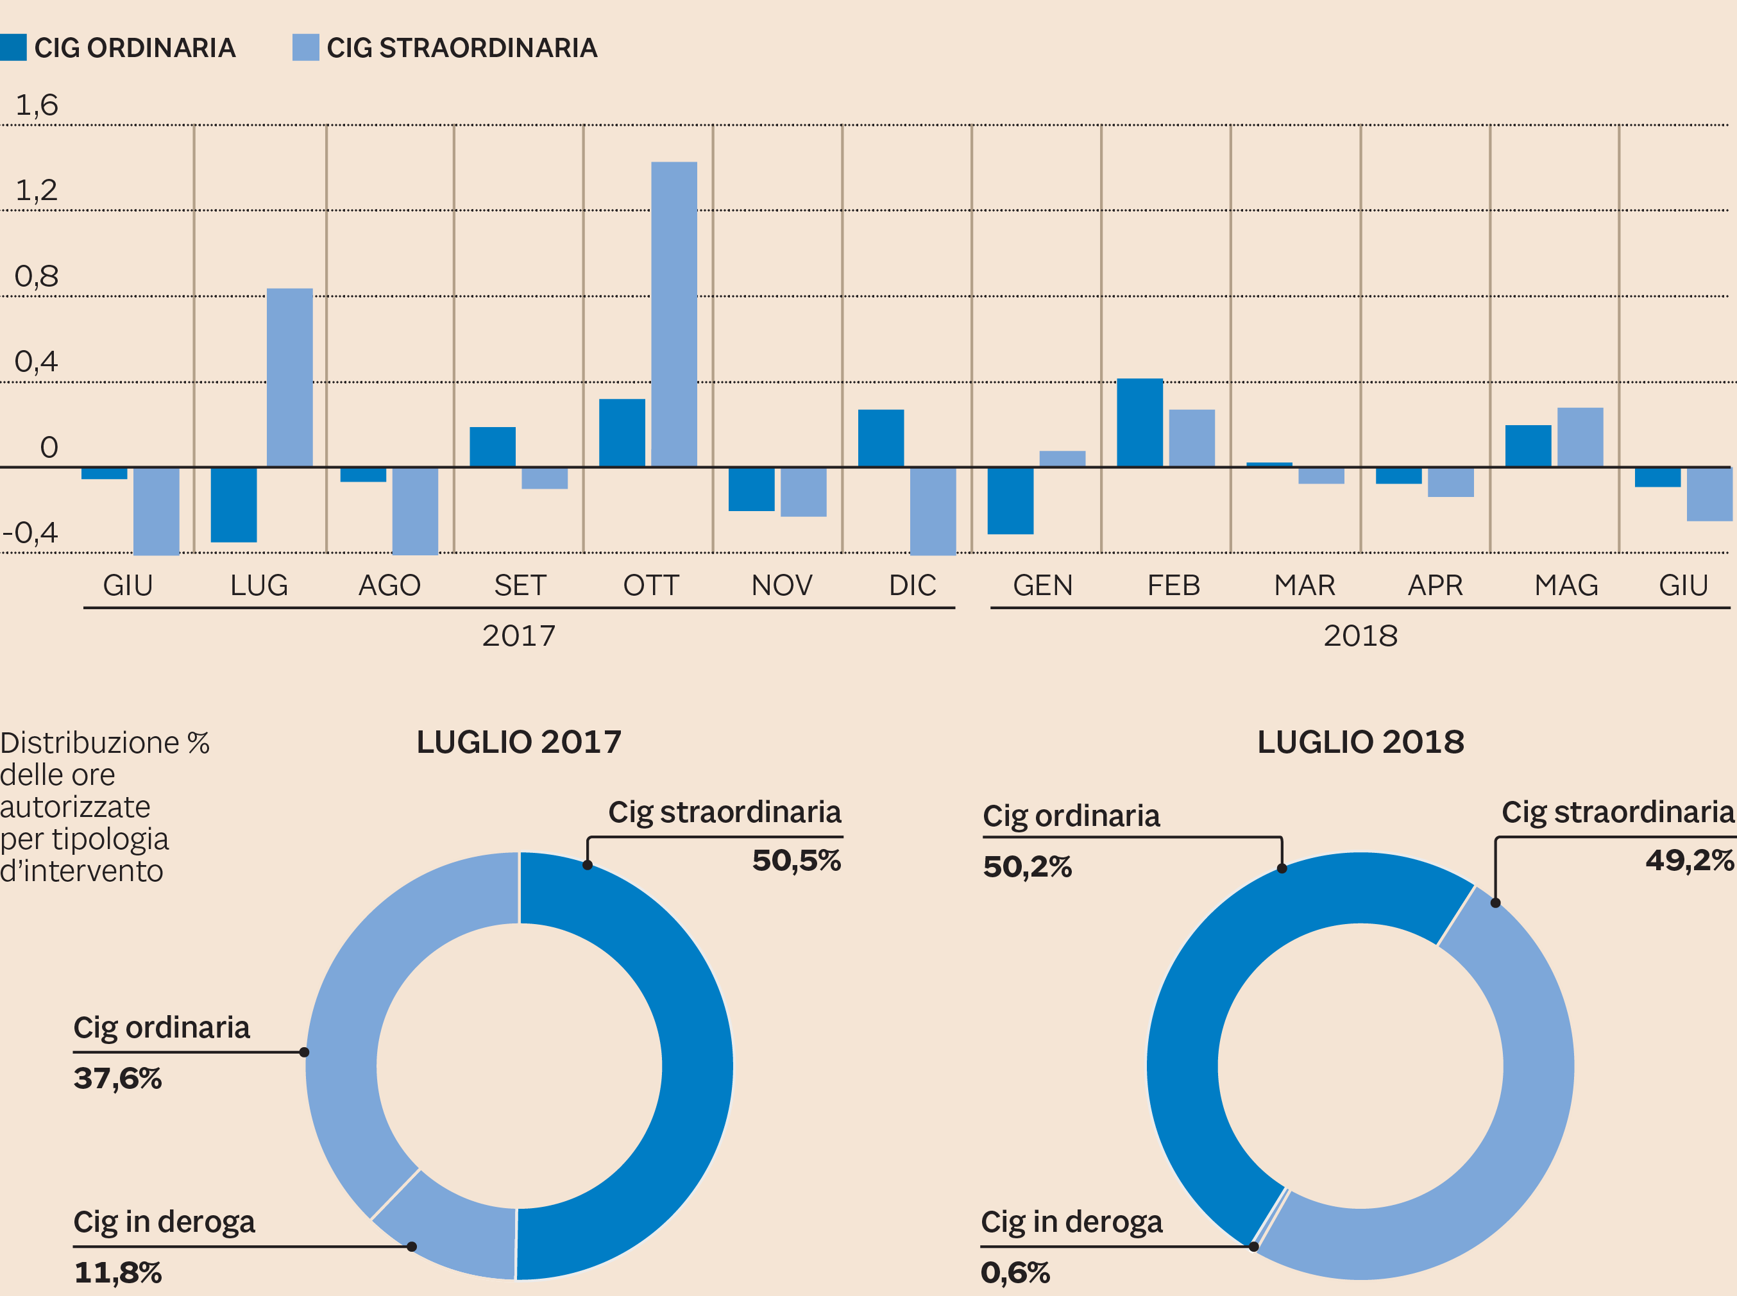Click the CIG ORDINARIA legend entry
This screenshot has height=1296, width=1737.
point(117,48)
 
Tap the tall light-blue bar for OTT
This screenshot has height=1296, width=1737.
point(674,314)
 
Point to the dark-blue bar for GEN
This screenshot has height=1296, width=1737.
point(1010,501)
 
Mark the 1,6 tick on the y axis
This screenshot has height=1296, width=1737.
point(37,105)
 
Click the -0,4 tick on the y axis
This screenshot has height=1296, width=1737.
point(31,533)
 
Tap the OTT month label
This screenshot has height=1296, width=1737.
point(650,585)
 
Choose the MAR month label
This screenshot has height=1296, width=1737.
point(1304,585)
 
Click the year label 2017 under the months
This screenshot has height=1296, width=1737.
point(518,635)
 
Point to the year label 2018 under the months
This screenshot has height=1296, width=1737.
point(1360,635)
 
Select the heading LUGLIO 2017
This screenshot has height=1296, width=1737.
point(518,742)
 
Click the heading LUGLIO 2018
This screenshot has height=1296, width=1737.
point(1360,742)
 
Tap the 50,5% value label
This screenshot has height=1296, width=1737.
point(796,861)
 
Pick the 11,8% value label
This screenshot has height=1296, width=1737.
point(117,1272)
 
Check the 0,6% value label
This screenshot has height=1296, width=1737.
point(1015,1272)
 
